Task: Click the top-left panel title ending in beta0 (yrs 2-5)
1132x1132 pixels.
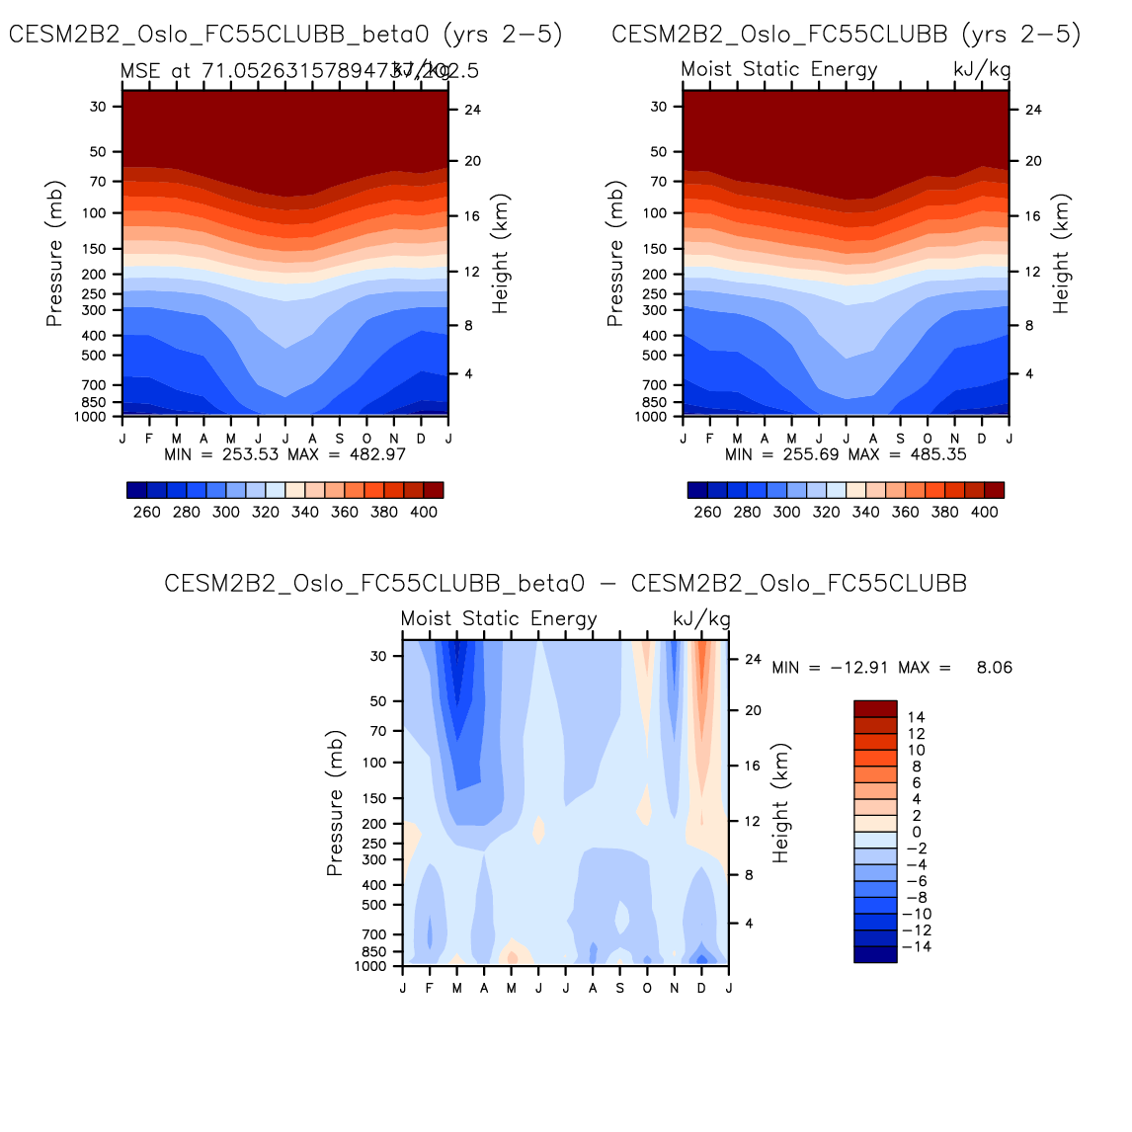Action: (285, 35)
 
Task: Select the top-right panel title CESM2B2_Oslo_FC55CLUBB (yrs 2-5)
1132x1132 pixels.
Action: (846, 35)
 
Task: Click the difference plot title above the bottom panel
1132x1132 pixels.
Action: (565, 584)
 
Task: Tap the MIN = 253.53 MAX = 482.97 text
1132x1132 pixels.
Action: (284, 454)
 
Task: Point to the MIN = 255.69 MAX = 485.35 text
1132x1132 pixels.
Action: (846, 454)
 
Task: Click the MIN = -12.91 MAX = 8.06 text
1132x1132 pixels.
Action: (892, 668)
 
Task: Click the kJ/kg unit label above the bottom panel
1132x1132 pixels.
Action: (701, 619)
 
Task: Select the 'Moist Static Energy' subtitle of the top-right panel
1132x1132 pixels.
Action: (779, 69)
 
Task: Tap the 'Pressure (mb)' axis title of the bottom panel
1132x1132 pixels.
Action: (335, 803)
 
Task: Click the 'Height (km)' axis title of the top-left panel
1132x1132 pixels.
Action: (501, 254)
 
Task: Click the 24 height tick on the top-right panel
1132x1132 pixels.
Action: (1033, 110)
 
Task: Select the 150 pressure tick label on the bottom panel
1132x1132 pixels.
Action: (377, 798)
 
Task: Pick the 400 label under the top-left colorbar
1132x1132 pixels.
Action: (424, 512)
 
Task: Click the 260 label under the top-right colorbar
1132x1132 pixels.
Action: (707, 512)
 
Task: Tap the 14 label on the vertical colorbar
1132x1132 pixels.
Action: (917, 717)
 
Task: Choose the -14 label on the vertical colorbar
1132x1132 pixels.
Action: (917, 947)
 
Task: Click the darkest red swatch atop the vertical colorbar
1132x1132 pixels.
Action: (875, 709)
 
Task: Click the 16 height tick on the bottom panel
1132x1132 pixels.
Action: (753, 766)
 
